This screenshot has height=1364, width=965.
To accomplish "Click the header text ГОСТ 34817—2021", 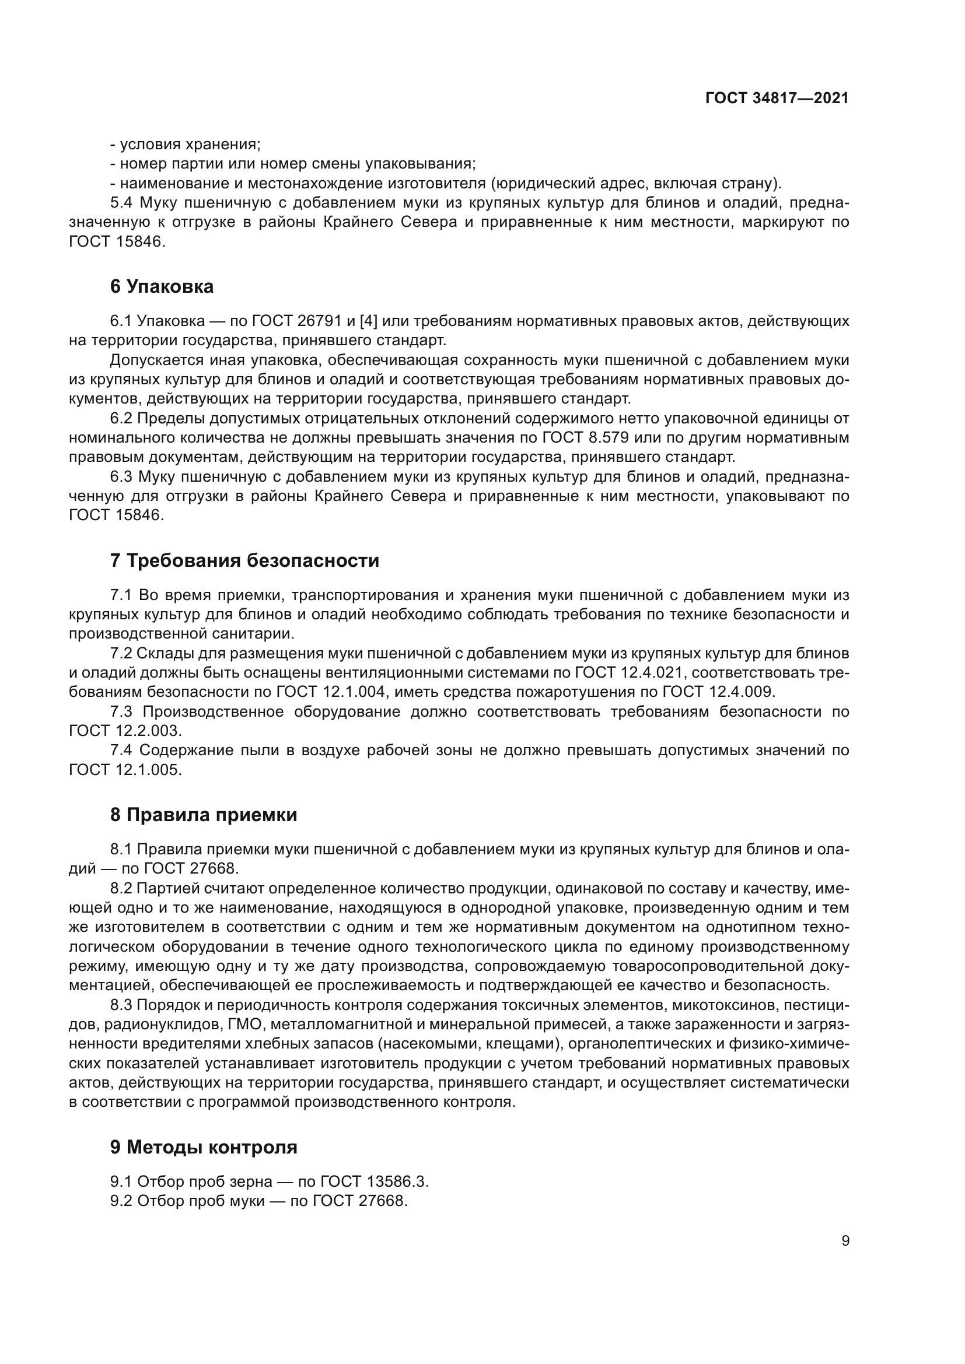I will pyautogui.click(x=777, y=98).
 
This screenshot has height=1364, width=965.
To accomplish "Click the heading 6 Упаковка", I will pyautogui.click(x=162, y=286).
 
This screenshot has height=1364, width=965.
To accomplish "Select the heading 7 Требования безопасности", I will pyautogui.click(x=244, y=560).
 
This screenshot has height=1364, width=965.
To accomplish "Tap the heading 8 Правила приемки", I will pyautogui.click(x=203, y=815).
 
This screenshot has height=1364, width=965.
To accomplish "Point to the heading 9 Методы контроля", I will pyautogui.click(x=203, y=1146).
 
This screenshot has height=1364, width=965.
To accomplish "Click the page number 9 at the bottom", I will pyautogui.click(x=845, y=1241).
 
